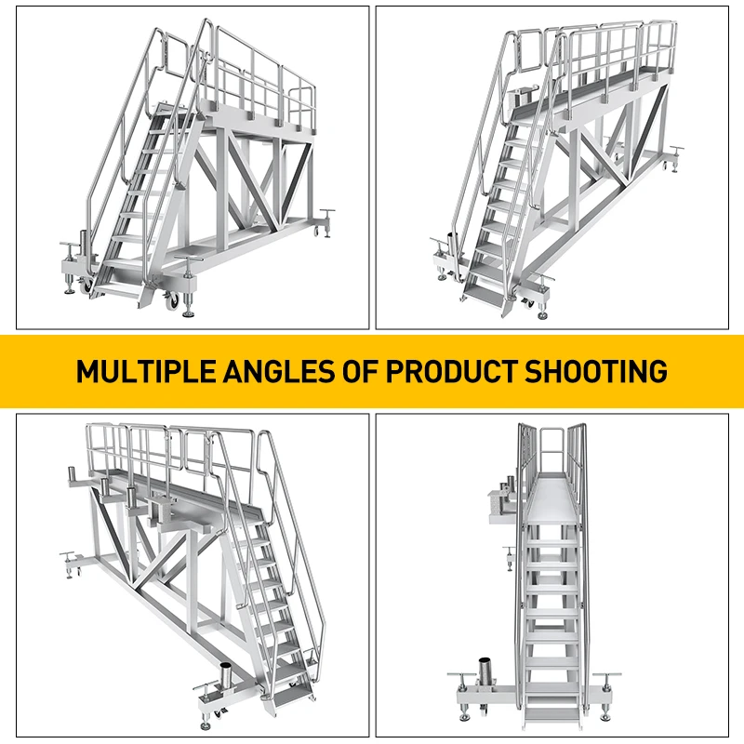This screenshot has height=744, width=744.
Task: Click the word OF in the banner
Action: (x=365, y=371)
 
